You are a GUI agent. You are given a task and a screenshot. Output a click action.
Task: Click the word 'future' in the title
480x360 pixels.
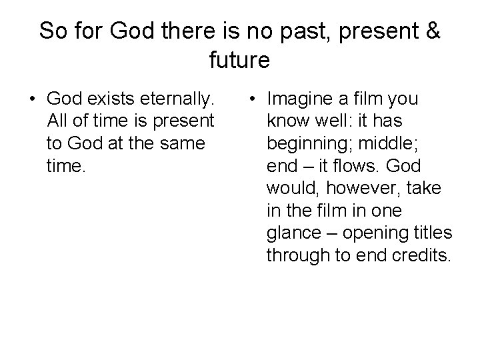click(239, 61)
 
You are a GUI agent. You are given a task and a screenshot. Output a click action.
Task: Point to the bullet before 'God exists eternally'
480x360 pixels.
click(31, 100)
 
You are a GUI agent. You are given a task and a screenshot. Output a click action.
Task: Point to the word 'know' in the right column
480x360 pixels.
click(287, 121)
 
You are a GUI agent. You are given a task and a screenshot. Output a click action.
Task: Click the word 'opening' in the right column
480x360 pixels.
click(374, 233)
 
